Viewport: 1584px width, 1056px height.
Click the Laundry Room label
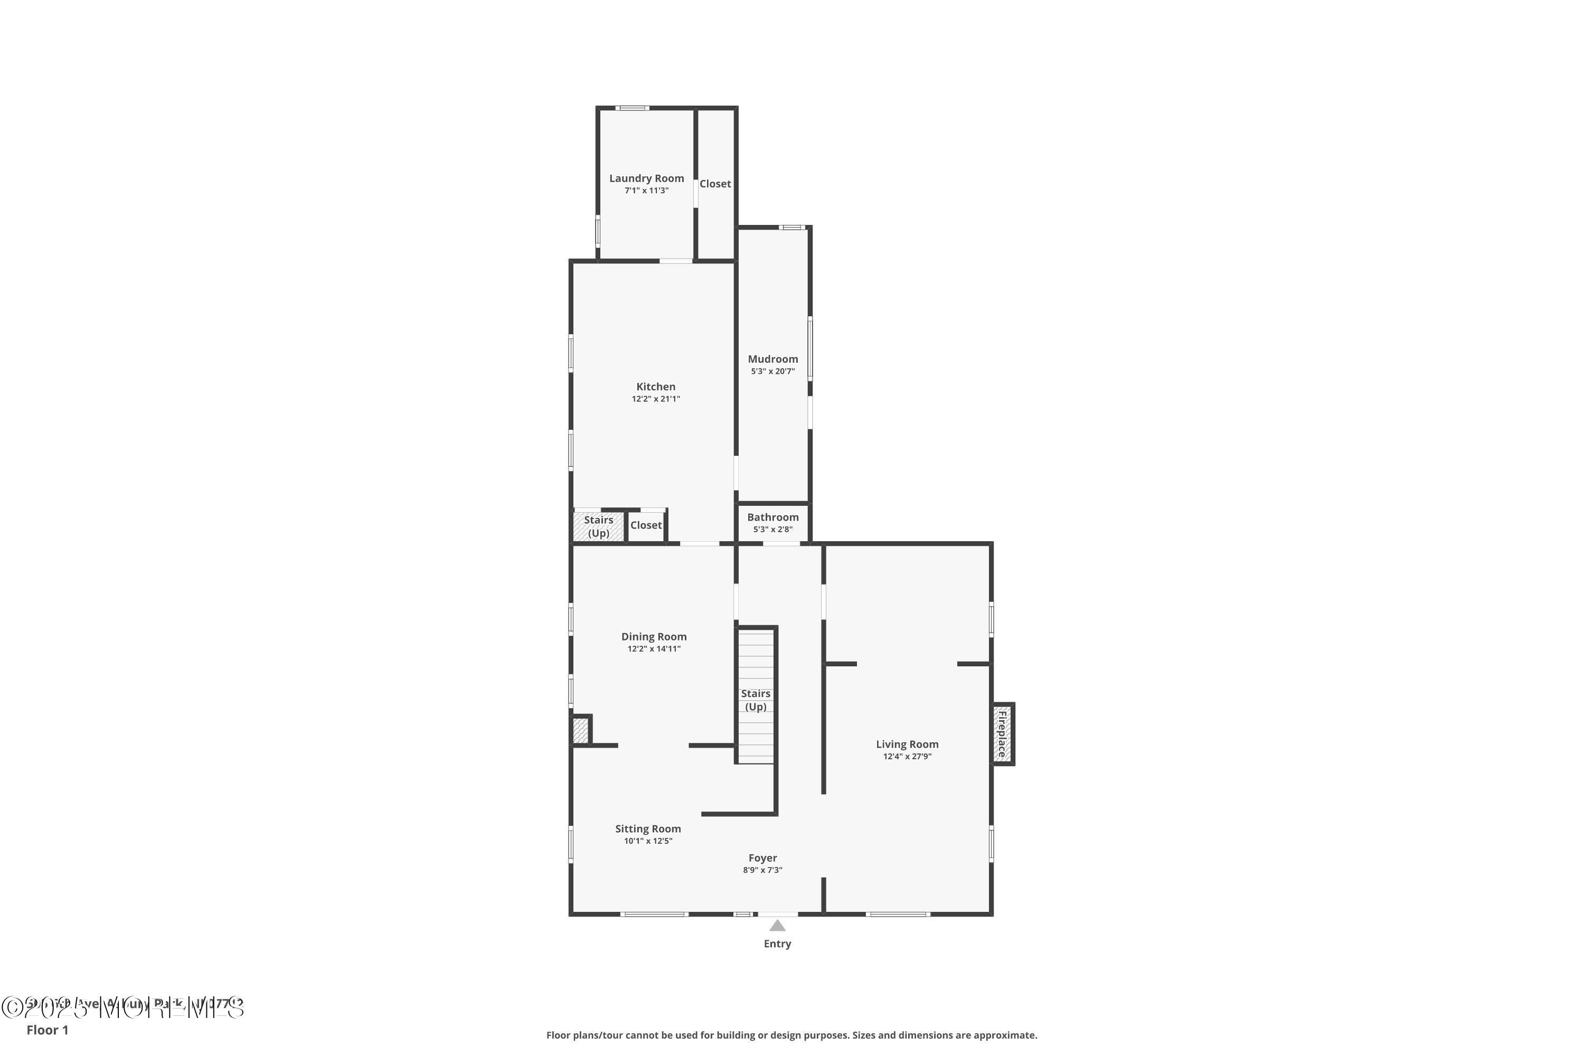[646, 178]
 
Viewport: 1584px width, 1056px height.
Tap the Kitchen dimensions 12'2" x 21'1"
[655, 399]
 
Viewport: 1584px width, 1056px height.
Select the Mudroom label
[772, 360]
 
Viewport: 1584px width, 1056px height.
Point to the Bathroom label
[772, 517]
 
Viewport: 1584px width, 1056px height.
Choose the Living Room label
[907, 744]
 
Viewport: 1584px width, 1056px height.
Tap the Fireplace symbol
[1002, 734]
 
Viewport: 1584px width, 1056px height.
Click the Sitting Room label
[647, 829]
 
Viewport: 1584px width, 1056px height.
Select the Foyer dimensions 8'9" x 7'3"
[762, 870]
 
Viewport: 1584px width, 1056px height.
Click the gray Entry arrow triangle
[777, 926]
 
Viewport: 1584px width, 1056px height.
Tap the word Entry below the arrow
[777, 944]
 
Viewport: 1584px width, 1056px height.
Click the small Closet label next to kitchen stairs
[645, 525]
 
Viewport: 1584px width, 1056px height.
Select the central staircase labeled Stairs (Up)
[756, 701]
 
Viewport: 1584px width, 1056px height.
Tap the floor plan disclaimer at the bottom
[791, 1035]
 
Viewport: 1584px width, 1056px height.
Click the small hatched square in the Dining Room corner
[580, 731]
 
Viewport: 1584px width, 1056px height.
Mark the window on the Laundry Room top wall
[633, 108]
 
